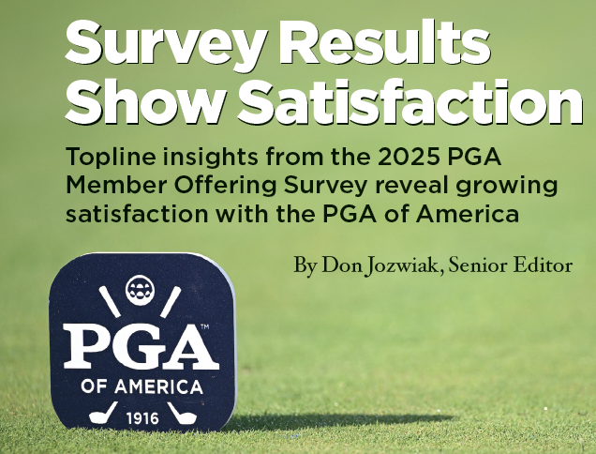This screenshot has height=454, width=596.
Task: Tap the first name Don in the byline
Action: click(x=335, y=266)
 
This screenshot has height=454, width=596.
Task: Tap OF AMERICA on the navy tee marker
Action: click(x=141, y=386)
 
